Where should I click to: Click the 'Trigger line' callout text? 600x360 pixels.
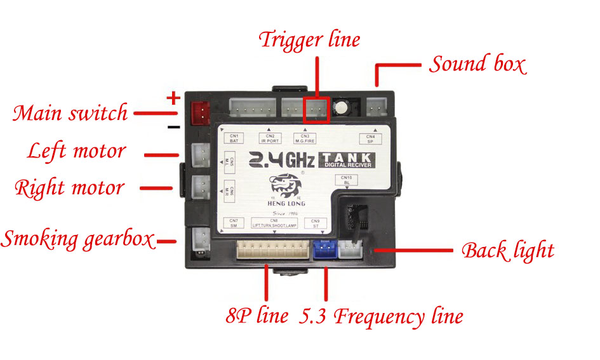pyautogui.click(x=309, y=40)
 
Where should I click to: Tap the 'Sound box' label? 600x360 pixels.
pyautogui.click(x=477, y=64)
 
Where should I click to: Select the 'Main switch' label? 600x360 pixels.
pyautogui.click(x=70, y=114)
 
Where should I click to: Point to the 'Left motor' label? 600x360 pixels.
pyautogui.click(x=76, y=152)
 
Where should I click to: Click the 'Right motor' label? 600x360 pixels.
pyautogui.click(x=69, y=188)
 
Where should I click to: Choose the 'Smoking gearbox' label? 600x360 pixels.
pyautogui.click(x=77, y=239)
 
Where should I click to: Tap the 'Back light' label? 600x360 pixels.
pyautogui.click(x=507, y=250)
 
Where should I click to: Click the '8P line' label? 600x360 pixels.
pyautogui.click(x=257, y=316)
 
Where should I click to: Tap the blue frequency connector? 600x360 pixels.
pyautogui.click(x=325, y=250)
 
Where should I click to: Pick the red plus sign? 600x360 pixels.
pyautogui.click(x=173, y=98)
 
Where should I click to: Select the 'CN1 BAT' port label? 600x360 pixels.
pyautogui.click(x=234, y=138)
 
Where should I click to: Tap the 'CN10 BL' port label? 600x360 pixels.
pyautogui.click(x=346, y=180)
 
